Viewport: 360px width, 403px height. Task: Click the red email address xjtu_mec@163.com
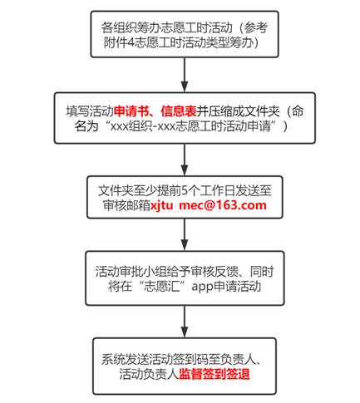(208, 205)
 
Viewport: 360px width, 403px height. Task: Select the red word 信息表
(179, 111)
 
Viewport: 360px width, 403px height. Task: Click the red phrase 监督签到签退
(214, 374)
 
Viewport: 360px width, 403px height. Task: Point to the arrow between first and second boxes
(185, 75)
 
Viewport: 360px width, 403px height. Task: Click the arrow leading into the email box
(185, 160)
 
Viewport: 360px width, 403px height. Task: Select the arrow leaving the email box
(185, 234)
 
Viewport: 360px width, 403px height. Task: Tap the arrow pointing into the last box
(185, 322)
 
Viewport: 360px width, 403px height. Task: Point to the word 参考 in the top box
(256, 27)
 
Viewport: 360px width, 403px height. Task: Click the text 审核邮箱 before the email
(126, 205)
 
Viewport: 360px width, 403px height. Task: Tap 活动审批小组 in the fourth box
(131, 272)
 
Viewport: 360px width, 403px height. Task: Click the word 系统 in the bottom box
(113, 359)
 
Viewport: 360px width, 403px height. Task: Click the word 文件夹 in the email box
(116, 190)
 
